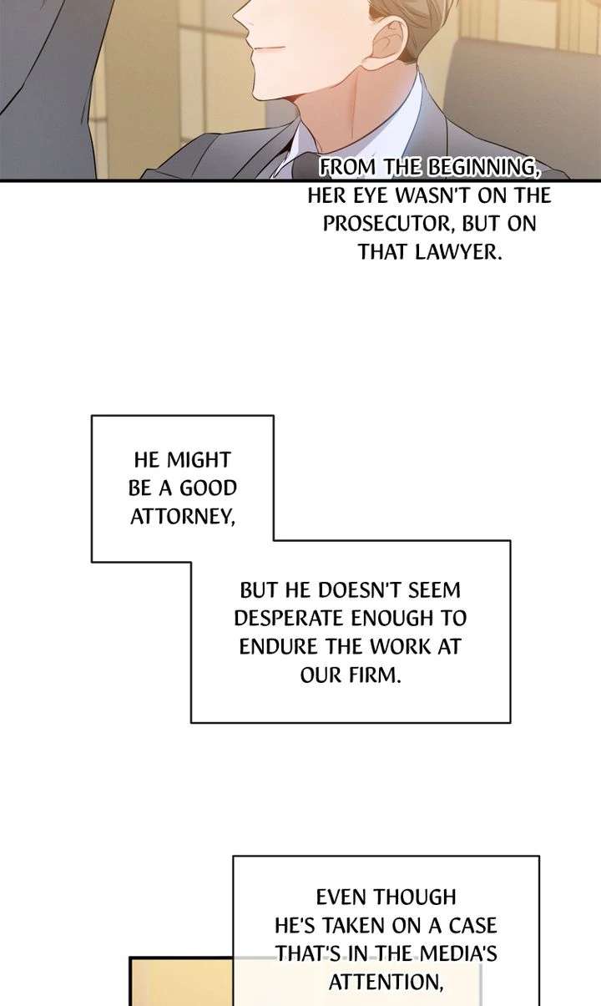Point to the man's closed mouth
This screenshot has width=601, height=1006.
(x=269, y=46)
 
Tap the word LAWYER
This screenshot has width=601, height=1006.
(x=457, y=252)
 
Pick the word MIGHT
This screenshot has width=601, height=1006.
(x=198, y=460)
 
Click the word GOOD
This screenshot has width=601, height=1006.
(x=208, y=488)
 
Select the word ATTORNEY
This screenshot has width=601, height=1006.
(x=182, y=517)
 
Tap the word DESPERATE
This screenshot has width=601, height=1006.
(x=289, y=619)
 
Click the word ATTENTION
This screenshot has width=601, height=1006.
(x=386, y=982)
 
